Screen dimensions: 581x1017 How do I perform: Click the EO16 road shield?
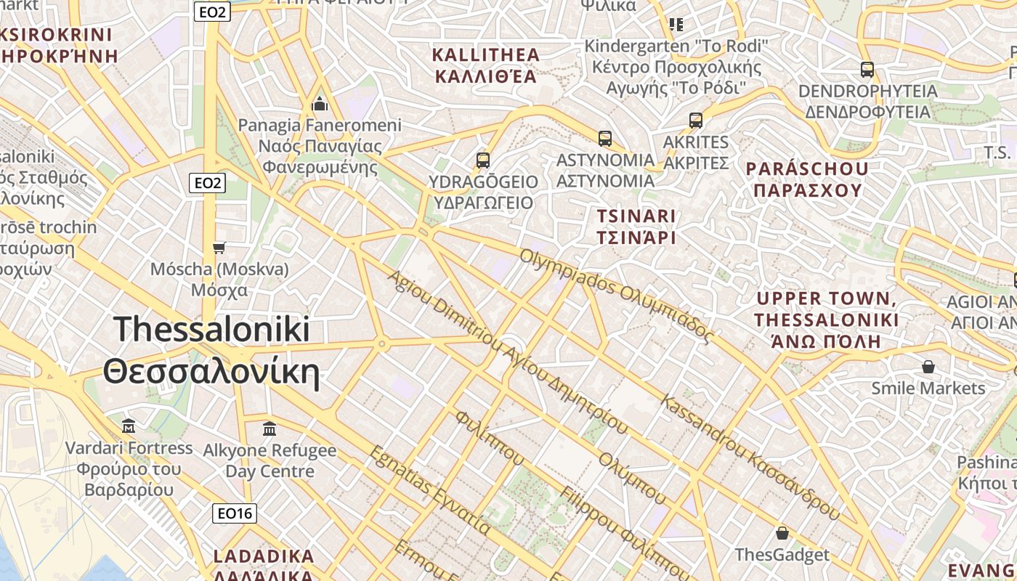point(235,513)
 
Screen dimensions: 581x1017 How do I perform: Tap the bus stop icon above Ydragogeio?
point(483,161)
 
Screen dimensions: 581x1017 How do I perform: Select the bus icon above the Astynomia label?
point(605,138)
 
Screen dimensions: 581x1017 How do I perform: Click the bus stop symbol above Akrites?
point(696,121)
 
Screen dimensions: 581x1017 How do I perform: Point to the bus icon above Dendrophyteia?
point(867,70)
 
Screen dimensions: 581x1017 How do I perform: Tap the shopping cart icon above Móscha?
point(219,248)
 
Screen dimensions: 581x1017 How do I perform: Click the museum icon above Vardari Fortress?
point(129,426)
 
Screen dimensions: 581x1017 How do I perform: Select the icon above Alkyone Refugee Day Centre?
point(270,428)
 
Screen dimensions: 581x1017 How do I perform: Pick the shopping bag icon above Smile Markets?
point(928,367)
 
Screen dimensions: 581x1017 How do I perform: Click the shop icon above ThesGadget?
point(782,534)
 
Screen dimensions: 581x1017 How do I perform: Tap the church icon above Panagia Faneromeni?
point(320,105)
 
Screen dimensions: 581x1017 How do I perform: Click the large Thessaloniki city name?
point(211,350)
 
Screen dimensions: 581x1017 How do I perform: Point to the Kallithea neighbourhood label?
point(485,65)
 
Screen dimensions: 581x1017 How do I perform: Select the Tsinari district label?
point(636,227)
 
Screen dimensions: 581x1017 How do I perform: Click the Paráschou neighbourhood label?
point(807,179)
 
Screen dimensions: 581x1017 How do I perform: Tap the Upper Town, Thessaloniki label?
point(826,320)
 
